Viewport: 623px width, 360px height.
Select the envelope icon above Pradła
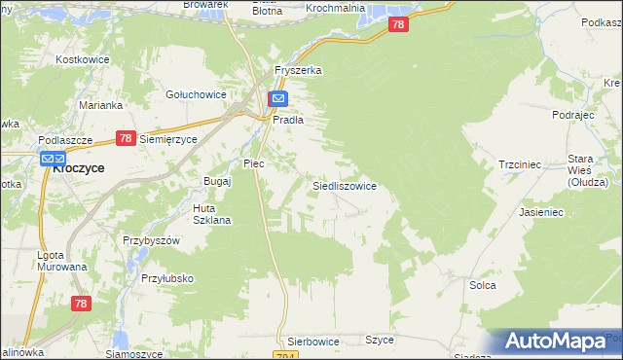(278, 99)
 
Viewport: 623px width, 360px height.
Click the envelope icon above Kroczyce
(53, 158)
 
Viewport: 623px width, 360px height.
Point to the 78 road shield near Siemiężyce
(125, 139)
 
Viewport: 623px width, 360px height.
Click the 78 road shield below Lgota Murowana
(81, 305)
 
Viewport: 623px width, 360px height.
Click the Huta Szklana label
(211, 214)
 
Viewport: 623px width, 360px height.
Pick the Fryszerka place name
(298, 71)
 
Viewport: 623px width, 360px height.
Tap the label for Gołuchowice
(196, 94)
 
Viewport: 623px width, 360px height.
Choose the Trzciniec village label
(519, 165)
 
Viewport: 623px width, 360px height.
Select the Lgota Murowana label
(61, 261)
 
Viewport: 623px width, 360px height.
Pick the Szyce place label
(379, 340)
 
